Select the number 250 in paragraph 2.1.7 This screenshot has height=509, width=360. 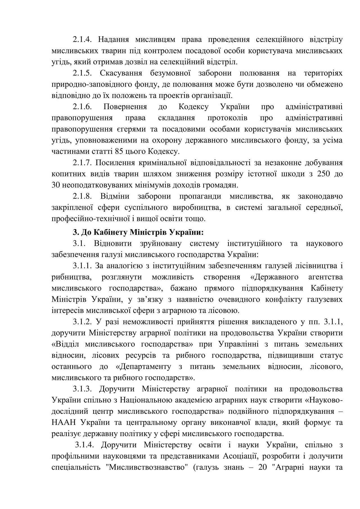323,174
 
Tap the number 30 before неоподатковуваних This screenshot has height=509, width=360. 56,185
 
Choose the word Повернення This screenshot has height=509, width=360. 125,107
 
